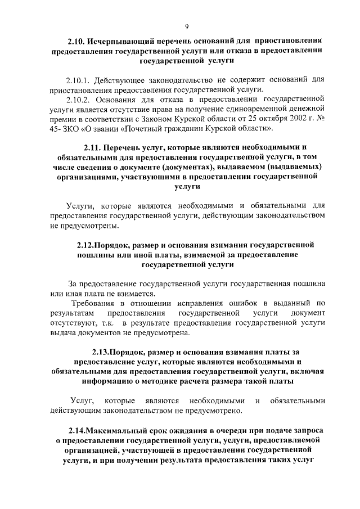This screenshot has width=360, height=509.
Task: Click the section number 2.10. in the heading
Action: pyautogui.click(x=76, y=41)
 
